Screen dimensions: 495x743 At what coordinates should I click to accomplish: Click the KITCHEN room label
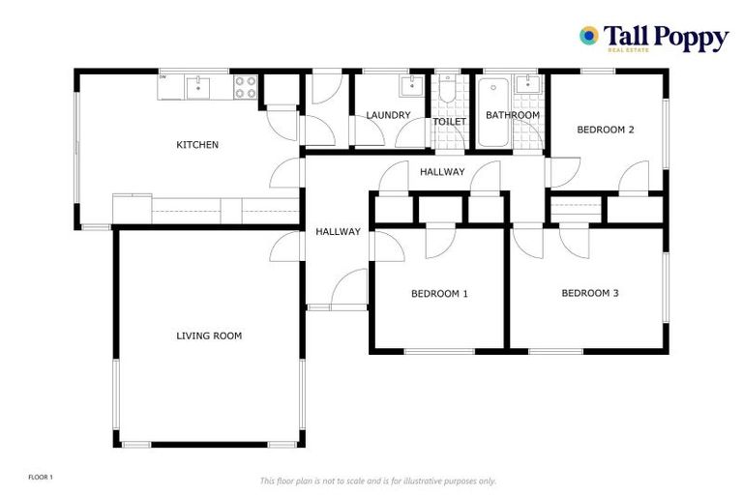(197, 145)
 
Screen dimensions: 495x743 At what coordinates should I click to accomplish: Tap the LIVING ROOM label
(209, 336)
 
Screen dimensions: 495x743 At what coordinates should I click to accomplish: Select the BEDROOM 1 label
(439, 293)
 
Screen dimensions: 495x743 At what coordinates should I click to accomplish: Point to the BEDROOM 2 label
(606, 130)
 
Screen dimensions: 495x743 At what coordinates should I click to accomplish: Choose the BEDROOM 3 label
(590, 293)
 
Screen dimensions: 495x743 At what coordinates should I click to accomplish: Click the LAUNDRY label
(388, 115)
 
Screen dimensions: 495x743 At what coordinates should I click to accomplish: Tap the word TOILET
(449, 122)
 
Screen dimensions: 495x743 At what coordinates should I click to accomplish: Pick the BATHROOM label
(512, 115)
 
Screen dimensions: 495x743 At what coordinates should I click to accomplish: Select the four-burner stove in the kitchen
(246, 87)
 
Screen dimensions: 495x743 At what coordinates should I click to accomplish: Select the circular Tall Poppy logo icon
(587, 36)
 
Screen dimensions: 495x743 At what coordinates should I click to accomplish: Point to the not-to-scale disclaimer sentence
(378, 480)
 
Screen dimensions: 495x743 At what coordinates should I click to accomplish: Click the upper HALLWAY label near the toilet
(442, 172)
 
